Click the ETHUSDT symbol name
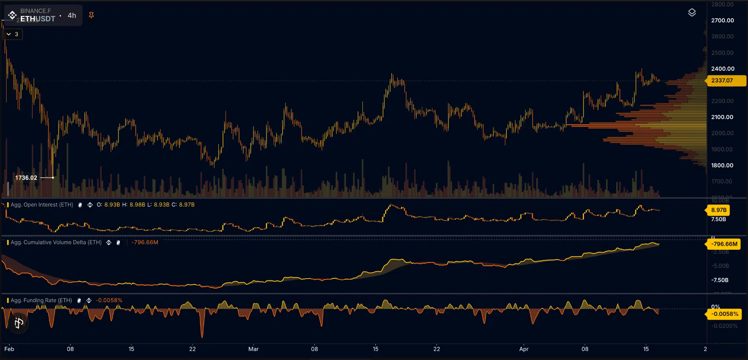pos(38,19)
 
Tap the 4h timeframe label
pos(72,15)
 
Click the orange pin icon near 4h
pos(91,15)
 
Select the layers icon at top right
pos(692,12)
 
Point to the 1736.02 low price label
pos(26,178)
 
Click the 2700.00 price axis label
pos(722,20)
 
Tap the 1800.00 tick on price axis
pos(722,165)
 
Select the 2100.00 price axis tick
pos(722,117)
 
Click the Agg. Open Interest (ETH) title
pos(42,205)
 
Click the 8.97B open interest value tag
pos(718,210)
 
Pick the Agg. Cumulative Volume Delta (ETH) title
pos(56,242)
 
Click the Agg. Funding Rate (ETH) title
pos(41,300)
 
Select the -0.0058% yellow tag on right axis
pos(725,314)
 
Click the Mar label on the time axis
pos(253,349)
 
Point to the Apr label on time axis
pos(524,349)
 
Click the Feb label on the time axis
pos(9,349)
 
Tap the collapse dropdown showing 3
pos(12,34)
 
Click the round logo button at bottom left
pos(19,323)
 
